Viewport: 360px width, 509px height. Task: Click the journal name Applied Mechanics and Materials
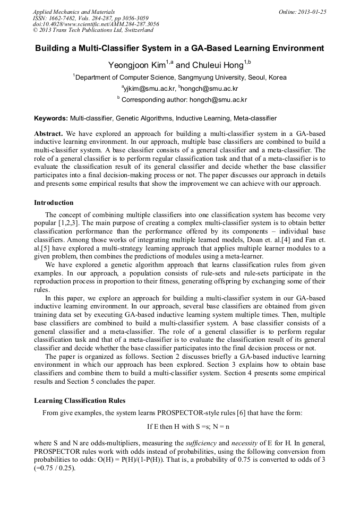click(x=74, y=11)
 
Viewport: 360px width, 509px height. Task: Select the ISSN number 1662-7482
click(x=67, y=18)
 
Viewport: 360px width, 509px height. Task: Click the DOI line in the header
click(x=96, y=24)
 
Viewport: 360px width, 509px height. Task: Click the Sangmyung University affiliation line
click(x=180, y=77)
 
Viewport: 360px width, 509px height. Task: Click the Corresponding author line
click(x=182, y=99)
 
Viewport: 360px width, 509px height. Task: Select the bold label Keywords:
click(x=51, y=118)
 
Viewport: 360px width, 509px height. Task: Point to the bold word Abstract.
click(x=48, y=133)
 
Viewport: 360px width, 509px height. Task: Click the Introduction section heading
click(x=54, y=203)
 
